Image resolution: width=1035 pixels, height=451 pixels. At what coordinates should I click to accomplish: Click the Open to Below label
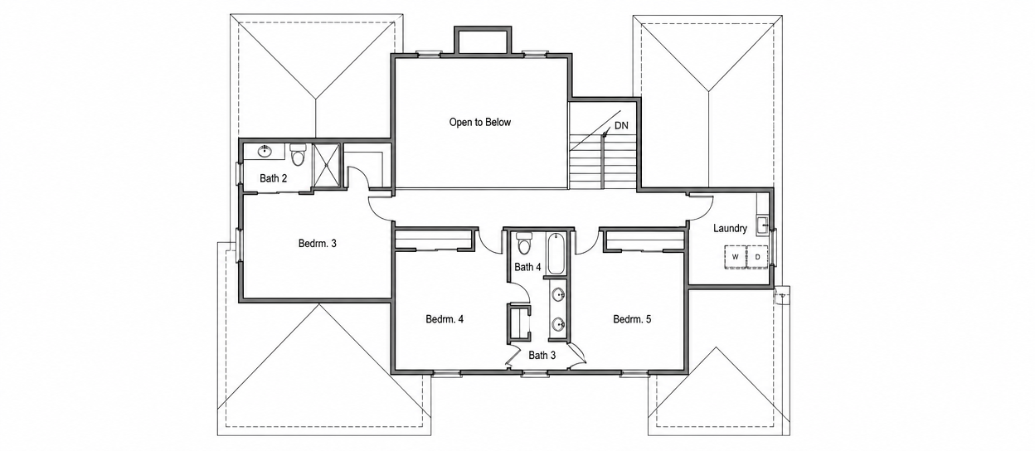tap(480, 123)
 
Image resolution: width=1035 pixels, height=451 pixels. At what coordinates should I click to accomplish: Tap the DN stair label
tap(621, 126)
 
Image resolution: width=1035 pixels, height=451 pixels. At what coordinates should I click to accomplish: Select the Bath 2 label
tap(273, 178)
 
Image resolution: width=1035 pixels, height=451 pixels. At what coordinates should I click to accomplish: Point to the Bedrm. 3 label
tap(318, 244)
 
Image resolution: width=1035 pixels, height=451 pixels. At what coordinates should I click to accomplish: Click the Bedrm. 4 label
tap(445, 319)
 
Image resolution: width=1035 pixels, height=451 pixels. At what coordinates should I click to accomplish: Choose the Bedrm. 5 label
tap(632, 319)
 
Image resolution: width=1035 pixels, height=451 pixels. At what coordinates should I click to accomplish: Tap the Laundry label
tap(730, 228)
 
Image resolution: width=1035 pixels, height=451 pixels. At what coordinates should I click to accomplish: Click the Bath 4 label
tap(527, 267)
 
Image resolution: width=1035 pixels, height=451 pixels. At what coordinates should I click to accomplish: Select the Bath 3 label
tap(542, 356)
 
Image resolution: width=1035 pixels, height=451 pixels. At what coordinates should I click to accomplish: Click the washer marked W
tap(735, 257)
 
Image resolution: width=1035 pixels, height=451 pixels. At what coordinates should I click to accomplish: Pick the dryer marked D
tap(757, 257)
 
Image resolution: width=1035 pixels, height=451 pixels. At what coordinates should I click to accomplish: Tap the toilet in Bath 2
tap(298, 154)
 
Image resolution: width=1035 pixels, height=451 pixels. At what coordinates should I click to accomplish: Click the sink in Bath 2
tap(265, 151)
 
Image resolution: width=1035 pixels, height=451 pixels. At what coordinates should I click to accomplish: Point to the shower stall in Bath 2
tap(326, 166)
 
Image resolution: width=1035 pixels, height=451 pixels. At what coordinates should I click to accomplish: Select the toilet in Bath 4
tap(524, 244)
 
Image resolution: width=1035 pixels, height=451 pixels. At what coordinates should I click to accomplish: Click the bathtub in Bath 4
tap(555, 255)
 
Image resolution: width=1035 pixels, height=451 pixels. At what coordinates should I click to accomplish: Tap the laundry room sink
tap(762, 225)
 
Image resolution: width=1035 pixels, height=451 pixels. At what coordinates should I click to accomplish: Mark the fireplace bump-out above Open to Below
tap(483, 41)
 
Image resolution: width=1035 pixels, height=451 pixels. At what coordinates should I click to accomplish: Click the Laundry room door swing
tap(701, 209)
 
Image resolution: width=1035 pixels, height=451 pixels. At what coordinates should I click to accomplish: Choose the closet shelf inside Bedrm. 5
tap(644, 240)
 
